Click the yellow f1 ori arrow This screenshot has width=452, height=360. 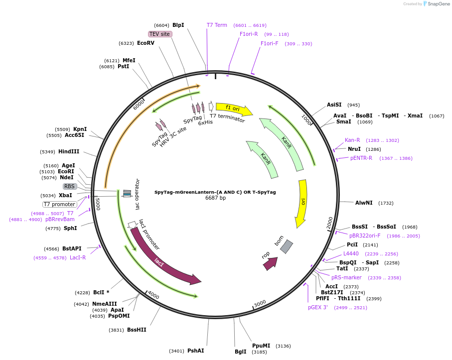click(234, 109)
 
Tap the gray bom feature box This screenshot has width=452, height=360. click(287, 247)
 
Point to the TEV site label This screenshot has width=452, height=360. click(160, 34)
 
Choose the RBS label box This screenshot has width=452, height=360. click(69, 186)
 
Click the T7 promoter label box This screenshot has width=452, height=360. click(60, 205)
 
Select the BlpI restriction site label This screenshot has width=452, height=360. click(178, 25)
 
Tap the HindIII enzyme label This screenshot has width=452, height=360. click(69, 151)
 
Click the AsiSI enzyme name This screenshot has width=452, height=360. click(334, 105)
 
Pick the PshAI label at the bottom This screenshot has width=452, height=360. click(196, 351)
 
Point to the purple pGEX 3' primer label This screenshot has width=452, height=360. click(317, 308)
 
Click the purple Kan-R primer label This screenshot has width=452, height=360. click(352, 140)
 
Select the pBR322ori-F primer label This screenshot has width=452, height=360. click(365, 236)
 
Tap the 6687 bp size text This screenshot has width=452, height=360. click(215, 198)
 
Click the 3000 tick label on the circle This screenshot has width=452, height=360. click(260, 304)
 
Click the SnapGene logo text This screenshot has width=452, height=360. click(438, 4)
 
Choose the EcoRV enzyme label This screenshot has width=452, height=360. click(146, 43)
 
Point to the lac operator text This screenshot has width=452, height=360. click(137, 194)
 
